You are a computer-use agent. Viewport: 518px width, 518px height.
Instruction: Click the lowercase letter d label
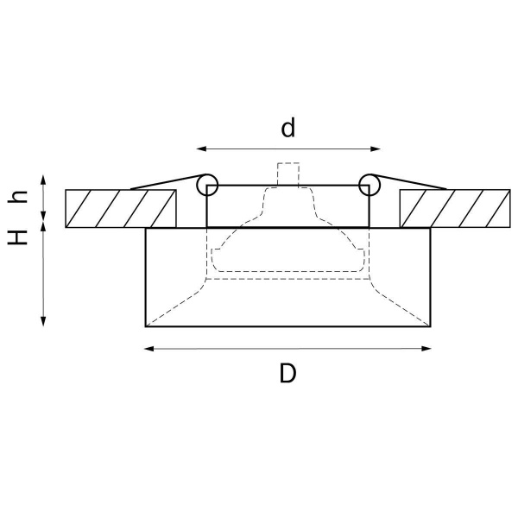(x=288, y=129)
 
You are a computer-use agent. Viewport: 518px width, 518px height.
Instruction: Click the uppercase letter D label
(x=288, y=374)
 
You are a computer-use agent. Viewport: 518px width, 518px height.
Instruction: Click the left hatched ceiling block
(x=121, y=208)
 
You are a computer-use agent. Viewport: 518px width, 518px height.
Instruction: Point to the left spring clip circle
(x=207, y=183)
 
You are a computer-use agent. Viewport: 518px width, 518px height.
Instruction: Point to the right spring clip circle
(x=370, y=183)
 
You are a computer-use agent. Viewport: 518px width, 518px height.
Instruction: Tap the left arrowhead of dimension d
(x=200, y=148)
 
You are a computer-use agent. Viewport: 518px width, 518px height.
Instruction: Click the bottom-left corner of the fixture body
(x=146, y=325)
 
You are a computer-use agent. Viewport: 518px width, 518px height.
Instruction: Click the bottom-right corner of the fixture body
(x=431, y=325)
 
